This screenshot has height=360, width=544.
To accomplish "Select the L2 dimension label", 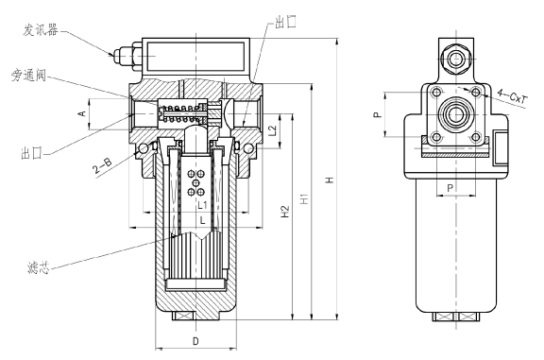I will pos(272,129).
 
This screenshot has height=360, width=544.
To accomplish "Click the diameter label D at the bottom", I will pos(195,337).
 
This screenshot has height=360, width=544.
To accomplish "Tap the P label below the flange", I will pos(450,188).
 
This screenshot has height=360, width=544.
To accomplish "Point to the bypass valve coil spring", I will pos(181,116).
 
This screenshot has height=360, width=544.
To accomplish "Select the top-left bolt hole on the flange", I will pos(434,93).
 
